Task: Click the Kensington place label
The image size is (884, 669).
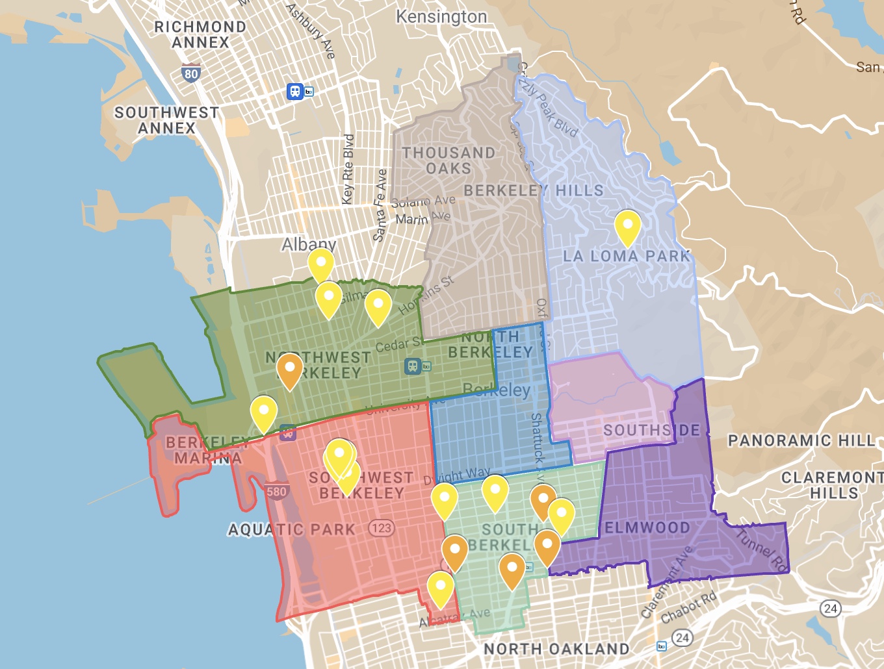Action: click(x=441, y=17)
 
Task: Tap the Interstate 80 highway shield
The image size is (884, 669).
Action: click(x=190, y=73)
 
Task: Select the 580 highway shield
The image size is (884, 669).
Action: click(x=276, y=492)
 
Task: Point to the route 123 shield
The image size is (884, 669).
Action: click(x=382, y=527)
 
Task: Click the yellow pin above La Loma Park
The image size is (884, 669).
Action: click(x=628, y=227)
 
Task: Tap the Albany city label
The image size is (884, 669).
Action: click(x=309, y=245)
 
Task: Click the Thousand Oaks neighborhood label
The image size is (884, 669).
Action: click(x=448, y=160)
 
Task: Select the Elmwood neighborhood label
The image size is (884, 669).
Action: click(x=647, y=528)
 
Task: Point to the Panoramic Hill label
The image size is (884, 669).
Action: click(x=801, y=440)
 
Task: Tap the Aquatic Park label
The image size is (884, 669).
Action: click(x=292, y=530)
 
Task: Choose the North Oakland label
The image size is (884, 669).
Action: click(x=556, y=649)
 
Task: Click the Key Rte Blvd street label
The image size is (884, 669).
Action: click(x=348, y=169)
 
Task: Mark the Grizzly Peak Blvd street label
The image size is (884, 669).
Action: click(x=547, y=104)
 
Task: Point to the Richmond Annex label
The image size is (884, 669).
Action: click(x=200, y=34)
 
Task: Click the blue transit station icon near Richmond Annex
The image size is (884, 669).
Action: click(x=296, y=91)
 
